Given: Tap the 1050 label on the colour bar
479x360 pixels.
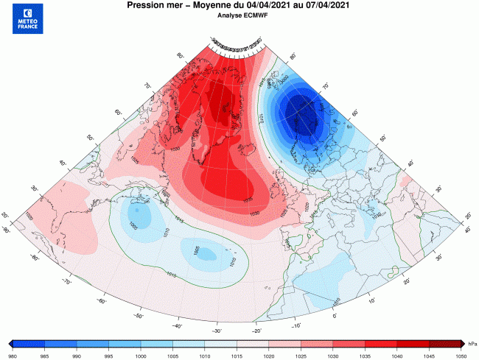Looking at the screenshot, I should point(461,354).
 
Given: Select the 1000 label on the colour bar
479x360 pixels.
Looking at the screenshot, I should point(141,354).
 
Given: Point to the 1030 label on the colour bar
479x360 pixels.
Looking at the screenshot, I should point(333,354).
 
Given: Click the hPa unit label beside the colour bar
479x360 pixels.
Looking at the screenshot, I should point(472,345).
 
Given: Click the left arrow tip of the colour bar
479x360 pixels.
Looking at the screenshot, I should point(10,344).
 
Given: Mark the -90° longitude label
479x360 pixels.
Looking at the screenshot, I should point(6,231).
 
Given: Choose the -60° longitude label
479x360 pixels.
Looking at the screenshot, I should point(102,300).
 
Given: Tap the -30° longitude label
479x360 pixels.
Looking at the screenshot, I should point(217,331).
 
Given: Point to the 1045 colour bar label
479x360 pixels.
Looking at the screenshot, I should point(429,354).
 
